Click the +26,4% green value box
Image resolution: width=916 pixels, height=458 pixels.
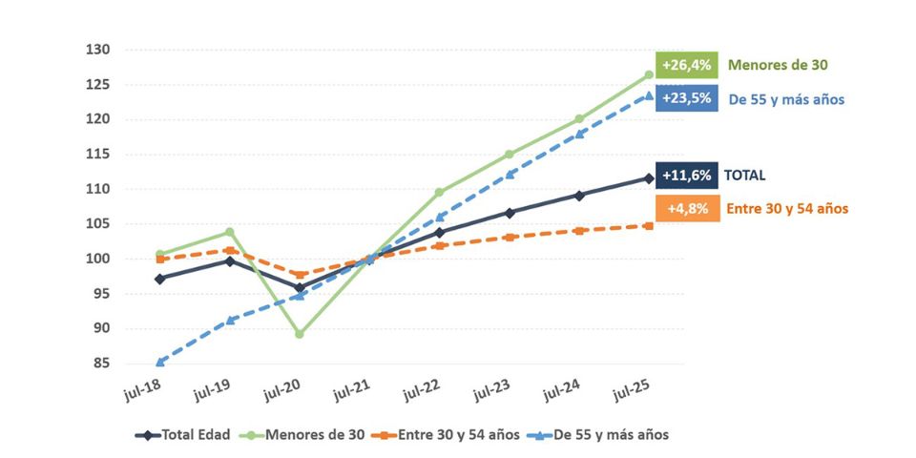click(x=686, y=66)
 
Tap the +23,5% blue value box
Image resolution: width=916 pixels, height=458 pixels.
click(x=686, y=98)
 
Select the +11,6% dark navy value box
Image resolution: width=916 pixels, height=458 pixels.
click(x=686, y=176)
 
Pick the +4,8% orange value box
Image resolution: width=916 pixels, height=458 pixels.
click(x=686, y=208)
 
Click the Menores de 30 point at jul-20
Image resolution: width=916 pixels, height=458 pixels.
click(x=300, y=334)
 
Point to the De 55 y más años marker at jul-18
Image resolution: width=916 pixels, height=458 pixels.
click(x=160, y=362)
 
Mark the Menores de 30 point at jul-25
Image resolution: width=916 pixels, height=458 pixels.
click(x=649, y=74)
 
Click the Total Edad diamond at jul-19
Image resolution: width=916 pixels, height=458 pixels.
click(x=230, y=260)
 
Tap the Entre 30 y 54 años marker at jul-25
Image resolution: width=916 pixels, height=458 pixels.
click(x=649, y=226)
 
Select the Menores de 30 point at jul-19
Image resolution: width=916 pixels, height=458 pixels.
click(x=230, y=232)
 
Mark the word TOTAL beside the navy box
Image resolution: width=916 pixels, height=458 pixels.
click(x=745, y=176)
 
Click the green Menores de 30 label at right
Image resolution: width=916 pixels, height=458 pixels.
click(x=778, y=66)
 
